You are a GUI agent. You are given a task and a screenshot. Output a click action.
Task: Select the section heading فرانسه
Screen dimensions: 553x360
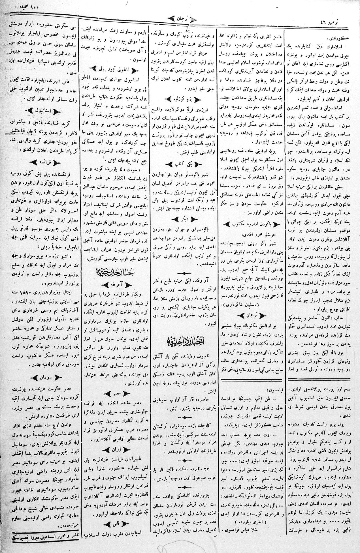point(43,162)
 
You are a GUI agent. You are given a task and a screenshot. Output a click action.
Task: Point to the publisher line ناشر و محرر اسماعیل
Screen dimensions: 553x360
point(40,544)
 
